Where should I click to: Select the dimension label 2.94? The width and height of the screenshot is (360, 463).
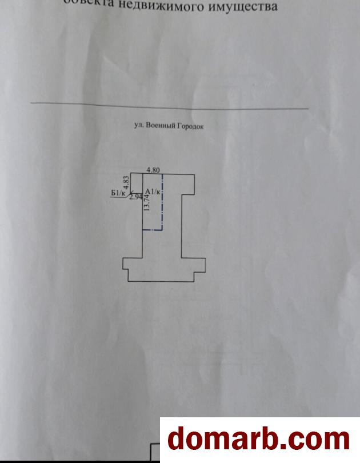(x=135, y=197)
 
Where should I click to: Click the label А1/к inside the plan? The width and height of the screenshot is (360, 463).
(x=153, y=191)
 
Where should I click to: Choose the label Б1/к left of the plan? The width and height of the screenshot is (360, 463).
(x=118, y=193)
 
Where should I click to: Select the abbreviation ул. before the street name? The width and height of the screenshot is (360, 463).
(x=138, y=125)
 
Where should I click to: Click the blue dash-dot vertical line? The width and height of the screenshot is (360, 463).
(x=162, y=203)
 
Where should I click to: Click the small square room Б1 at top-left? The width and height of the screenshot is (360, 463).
(x=136, y=182)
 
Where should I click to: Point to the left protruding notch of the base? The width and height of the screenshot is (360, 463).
(x=126, y=264)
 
